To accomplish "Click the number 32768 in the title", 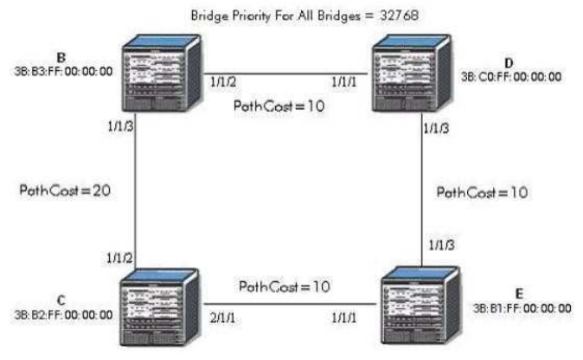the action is click(x=400, y=16).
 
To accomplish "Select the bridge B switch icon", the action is click(x=162, y=73).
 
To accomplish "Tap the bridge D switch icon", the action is click(x=412, y=73).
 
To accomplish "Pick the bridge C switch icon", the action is click(x=159, y=307).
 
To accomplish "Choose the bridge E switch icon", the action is click(x=421, y=305).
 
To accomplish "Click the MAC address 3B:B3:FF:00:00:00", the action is click(x=63, y=71).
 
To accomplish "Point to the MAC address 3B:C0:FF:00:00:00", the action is click(x=511, y=77).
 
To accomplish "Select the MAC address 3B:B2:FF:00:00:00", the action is click(x=63, y=315).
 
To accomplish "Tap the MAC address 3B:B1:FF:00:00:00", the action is click(x=522, y=308).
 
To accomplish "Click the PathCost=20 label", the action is click(x=65, y=190).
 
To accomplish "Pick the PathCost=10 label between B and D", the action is click(x=279, y=106).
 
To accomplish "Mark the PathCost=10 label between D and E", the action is click(x=483, y=192).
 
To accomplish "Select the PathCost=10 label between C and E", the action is click(x=285, y=286).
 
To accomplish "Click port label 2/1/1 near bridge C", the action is click(x=222, y=318).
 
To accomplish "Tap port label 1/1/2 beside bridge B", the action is click(x=223, y=82).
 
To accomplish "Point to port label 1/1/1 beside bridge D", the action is click(x=344, y=82).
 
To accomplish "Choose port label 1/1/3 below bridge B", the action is click(x=120, y=126).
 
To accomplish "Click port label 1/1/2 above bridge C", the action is click(x=119, y=258).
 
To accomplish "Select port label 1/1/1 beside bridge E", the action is click(x=344, y=318).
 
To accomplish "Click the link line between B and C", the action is click(x=135, y=190).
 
